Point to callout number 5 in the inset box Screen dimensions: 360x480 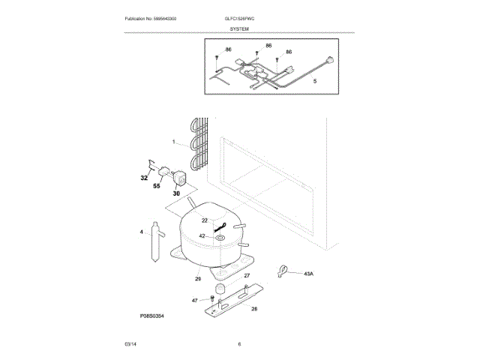(x=314, y=80)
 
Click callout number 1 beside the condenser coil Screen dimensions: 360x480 (x=173, y=142)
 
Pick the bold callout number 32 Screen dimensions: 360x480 (x=144, y=178)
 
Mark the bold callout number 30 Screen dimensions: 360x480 (x=177, y=193)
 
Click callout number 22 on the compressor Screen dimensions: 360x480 (x=204, y=220)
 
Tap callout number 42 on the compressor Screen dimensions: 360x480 (x=202, y=236)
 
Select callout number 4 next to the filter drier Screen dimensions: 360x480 (x=141, y=232)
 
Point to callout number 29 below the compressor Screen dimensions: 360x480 (x=198, y=279)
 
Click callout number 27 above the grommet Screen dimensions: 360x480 (x=247, y=276)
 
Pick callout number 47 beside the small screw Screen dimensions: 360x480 (x=194, y=300)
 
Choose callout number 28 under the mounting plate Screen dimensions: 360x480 (x=253, y=309)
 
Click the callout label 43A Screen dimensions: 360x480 (x=308, y=274)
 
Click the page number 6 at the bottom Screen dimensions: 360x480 (x=239, y=344)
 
